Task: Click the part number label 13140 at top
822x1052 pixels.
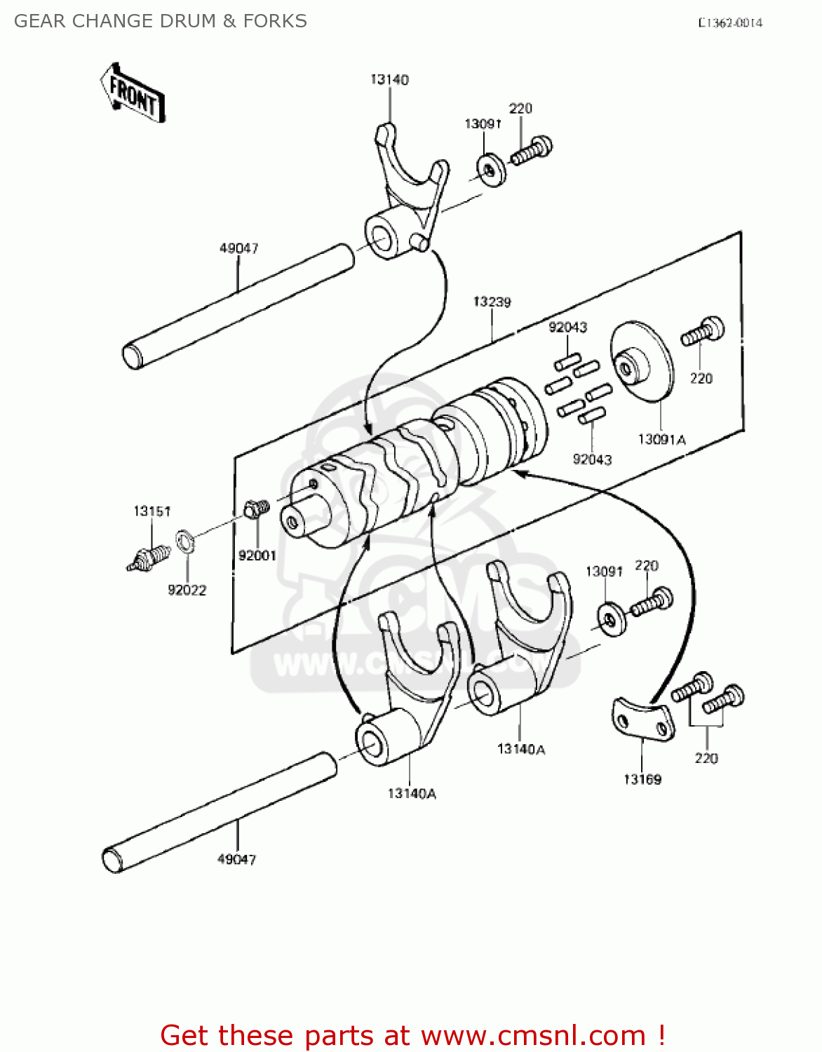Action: pyautogui.click(x=389, y=79)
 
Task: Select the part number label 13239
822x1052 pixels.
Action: pyautogui.click(x=492, y=302)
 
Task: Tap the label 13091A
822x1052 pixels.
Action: pyautogui.click(x=661, y=440)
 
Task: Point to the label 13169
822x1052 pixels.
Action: pyautogui.click(x=642, y=779)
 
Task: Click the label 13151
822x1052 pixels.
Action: pyautogui.click(x=152, y=511)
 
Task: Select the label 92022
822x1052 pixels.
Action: pyautogui.click(x=187, y=590)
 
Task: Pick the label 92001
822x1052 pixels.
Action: pyautogui.click(x=257, y=555)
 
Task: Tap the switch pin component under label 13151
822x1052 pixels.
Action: pyautogui.click(x=149, y=558)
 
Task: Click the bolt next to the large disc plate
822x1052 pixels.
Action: pyautogui.click(x=703, y=331)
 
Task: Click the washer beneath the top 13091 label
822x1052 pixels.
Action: pyautogui.click(x=492, y=170)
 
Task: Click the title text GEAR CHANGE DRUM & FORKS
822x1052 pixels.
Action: pyautogui.click(x=161, y=21)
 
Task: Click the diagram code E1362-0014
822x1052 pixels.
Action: pyautogui.click(x=730, y=22)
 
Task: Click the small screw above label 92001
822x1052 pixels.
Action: pyautogui.click(x=256, y=508)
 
